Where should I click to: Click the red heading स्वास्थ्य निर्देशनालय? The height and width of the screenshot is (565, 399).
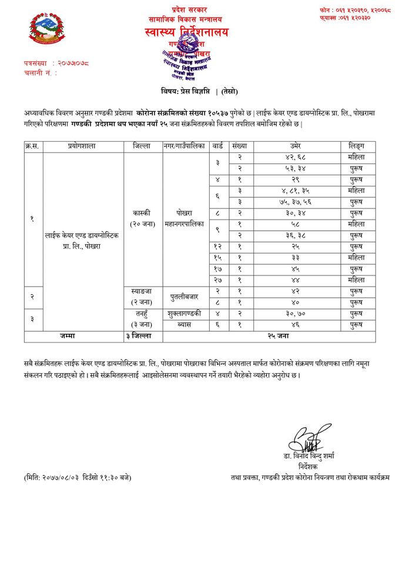tap(186, 32)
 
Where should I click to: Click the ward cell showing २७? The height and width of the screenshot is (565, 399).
tap(217, 280)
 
